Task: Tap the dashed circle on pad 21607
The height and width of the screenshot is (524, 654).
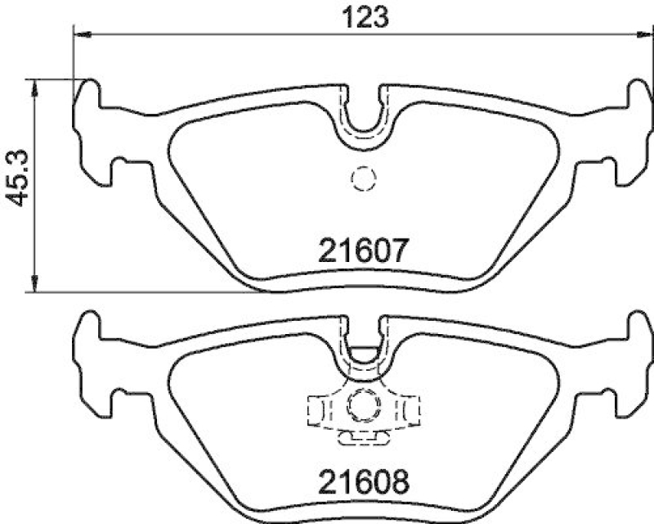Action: (361, 178)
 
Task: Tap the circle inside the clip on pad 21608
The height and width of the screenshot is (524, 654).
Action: (361, 403)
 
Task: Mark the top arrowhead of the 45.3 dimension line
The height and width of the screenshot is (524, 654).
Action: (34, 85)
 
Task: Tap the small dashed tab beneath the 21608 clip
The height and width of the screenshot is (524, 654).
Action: (361, 438)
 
